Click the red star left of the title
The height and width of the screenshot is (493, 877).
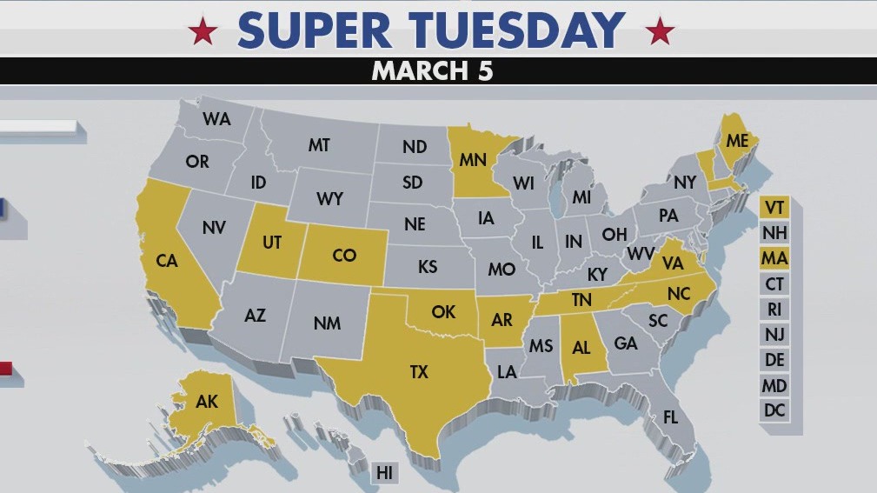coord(203,32)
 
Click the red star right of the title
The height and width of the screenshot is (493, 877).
coord(660,32)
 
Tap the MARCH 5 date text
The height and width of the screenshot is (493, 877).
coord(432,70)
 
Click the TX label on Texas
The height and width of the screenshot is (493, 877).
coord(419,371)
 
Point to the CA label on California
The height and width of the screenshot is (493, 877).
coord(166,260)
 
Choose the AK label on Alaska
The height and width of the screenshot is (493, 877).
coord(207,402)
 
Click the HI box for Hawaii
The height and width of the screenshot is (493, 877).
coord(384,473)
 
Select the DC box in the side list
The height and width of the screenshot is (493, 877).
coord(774,410)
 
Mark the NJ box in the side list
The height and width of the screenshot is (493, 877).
coord(774,334)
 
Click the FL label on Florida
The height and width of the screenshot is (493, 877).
coord(670,417)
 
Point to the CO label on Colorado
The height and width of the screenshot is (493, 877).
coord(344,255)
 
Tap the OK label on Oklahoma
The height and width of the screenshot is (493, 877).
coord(443,310)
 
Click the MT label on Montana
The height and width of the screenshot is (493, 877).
coord(319,145)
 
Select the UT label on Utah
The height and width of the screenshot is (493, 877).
coord(272,243)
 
